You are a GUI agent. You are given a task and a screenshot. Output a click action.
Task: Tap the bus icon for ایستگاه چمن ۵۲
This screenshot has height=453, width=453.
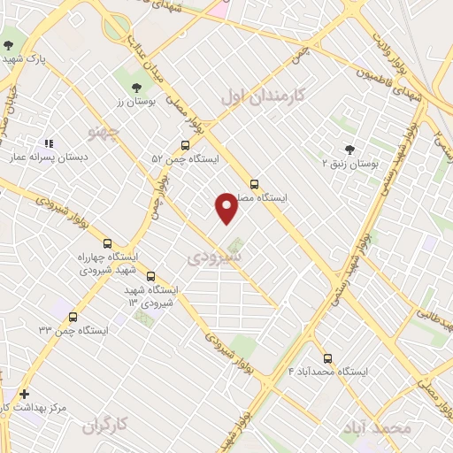[x=185, y=145]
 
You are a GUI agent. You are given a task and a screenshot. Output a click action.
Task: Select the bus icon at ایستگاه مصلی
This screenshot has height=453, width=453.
[x=255, y=185]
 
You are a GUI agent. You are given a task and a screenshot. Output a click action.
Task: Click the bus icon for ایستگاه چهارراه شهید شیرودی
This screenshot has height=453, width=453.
[x=108, y=243]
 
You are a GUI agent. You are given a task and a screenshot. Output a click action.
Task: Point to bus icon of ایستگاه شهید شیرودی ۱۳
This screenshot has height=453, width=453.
[x=151, y=276]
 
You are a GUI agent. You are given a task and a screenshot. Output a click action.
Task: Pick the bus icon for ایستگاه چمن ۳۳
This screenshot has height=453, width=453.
[x=73, y=316]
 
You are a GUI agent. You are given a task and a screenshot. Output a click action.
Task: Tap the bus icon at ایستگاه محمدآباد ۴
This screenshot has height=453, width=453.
[x=327, y=358]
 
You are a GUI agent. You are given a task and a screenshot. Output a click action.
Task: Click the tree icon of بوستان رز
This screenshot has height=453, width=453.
[x=136, y=88]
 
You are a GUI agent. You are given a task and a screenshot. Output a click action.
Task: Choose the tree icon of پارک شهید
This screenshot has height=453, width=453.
[x=8, y=44]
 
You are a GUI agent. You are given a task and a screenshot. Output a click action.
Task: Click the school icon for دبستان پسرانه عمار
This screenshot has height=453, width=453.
[x=49, y=142]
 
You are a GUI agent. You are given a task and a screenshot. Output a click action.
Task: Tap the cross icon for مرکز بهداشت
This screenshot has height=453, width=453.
[x=24, y=393]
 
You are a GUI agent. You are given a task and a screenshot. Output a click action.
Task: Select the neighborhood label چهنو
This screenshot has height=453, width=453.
[x=103, y=133]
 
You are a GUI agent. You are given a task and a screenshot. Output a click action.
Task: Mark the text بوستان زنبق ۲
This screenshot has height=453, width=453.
[x=349, y=165]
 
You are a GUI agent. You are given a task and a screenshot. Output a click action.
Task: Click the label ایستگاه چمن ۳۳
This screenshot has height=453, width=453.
[x=73, y=330]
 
